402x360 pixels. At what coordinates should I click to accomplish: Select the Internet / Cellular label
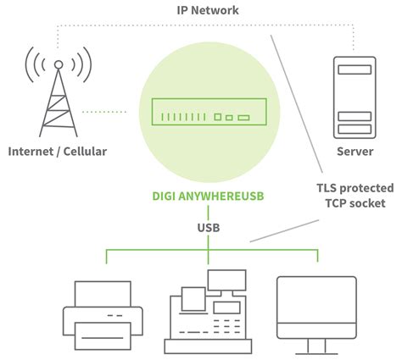click(x=59, y=152)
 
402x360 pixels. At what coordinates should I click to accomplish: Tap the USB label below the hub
click(x=209, y=228)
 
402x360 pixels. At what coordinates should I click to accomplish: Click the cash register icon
click(x=208, y=313)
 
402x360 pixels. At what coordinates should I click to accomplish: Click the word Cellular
click(x=85, y=152)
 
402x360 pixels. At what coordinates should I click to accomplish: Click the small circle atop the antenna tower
click(x=59, y=64)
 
